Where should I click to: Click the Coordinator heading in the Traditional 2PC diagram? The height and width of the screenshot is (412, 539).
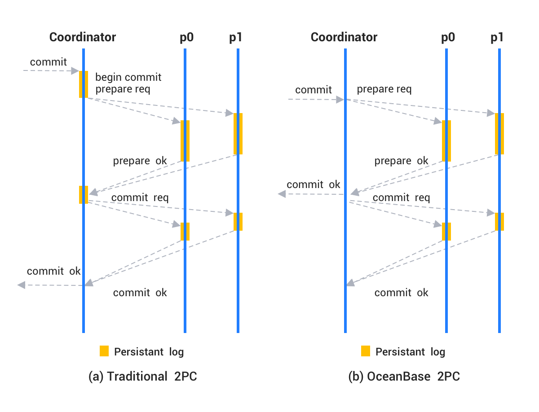[83, 37]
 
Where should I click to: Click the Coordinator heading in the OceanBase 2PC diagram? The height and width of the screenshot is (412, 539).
[344, 37]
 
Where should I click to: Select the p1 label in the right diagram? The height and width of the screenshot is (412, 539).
[497, 37]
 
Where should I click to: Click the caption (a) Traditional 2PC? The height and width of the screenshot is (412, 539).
[143, 377]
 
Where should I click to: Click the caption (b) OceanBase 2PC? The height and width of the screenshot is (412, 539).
[404, 377]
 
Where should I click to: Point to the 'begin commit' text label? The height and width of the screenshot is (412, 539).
[128, 77]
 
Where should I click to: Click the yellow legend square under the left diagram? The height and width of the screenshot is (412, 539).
[104, 351]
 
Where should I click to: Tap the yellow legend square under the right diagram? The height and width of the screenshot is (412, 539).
[366, 351]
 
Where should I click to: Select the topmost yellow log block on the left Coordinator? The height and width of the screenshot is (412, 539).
[84, 84]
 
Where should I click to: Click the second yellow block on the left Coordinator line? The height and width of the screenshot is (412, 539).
[84, 194]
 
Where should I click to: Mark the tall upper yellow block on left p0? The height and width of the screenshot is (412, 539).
[185, 140]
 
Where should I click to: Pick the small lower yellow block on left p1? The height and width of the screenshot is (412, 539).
[238, 221]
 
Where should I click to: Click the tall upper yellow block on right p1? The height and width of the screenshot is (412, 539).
[499, 133]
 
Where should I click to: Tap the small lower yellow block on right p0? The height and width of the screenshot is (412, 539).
[446, 231]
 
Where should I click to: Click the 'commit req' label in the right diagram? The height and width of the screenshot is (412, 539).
[401, 197]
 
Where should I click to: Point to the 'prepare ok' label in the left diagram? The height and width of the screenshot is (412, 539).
[140, 161]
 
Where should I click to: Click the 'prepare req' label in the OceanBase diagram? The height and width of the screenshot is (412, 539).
[384, 89]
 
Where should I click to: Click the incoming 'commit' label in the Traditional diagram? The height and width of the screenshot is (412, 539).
[48, 62]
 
